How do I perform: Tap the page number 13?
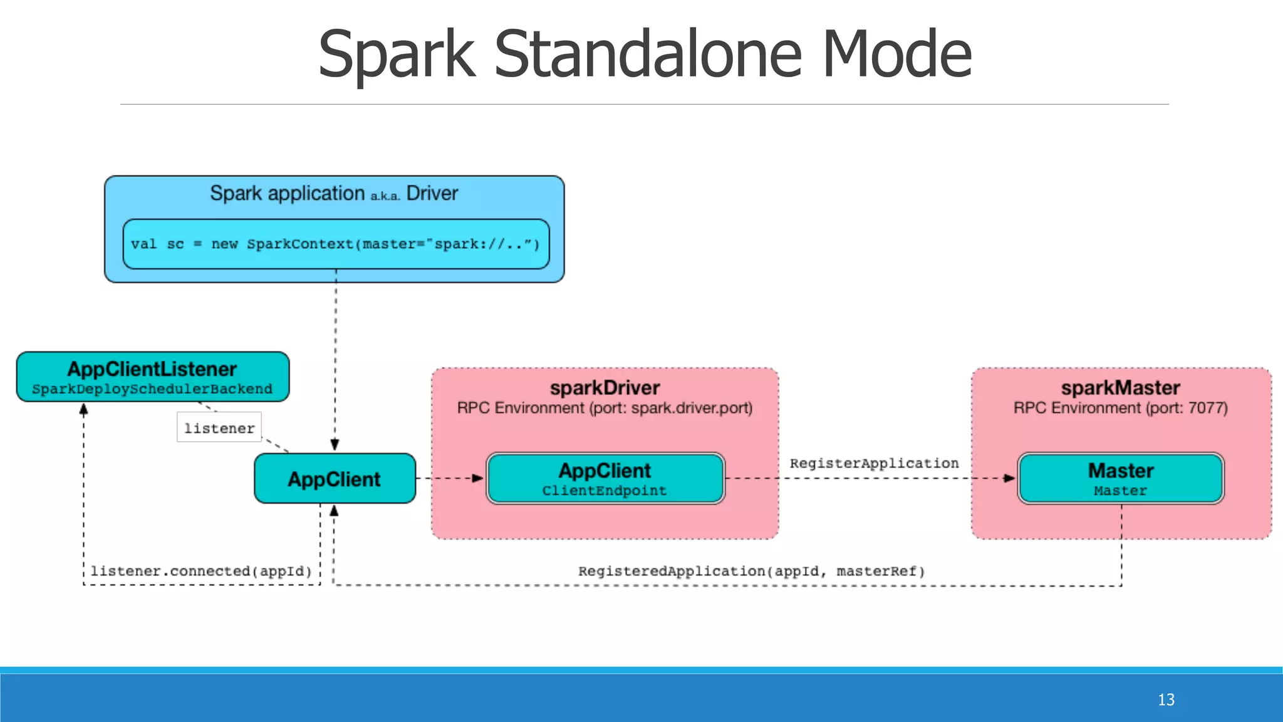point(1166,699)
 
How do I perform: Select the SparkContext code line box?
point(336,244)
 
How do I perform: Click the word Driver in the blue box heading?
point(432,193)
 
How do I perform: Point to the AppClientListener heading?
point(152,369)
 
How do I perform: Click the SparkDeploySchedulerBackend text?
point(152,389)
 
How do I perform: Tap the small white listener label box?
point(219,427)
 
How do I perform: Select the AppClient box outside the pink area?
point(335,479)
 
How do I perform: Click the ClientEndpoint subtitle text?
point(605,491)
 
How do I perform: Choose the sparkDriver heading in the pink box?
point(605,388)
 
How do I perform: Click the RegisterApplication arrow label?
point(874,463)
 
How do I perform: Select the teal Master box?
point(1121,478)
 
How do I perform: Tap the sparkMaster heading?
point(1121,388)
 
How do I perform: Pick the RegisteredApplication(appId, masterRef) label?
point(751,571)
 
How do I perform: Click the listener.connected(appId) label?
point(201,571)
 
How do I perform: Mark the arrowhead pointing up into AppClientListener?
point(84,410)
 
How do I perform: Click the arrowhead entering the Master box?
point(1009,478)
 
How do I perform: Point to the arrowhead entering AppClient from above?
point(335,444)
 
